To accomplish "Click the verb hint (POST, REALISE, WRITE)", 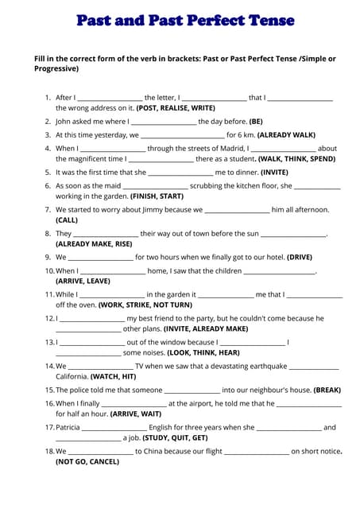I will click(x=176, y=107).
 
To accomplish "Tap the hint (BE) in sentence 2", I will click(x=255, y=122).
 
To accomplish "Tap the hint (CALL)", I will click(x=67, y=220).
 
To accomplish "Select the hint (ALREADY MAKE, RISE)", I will click(x=94, y=243).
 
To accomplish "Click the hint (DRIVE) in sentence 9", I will click(x=300, y=258).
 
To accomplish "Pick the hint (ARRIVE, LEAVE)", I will click(x=83, y=281).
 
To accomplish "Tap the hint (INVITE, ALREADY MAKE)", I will click(x=206, y=328).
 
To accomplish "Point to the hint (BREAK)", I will click(x=327, y=390).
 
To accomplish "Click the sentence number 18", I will click(x=48, y=452).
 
